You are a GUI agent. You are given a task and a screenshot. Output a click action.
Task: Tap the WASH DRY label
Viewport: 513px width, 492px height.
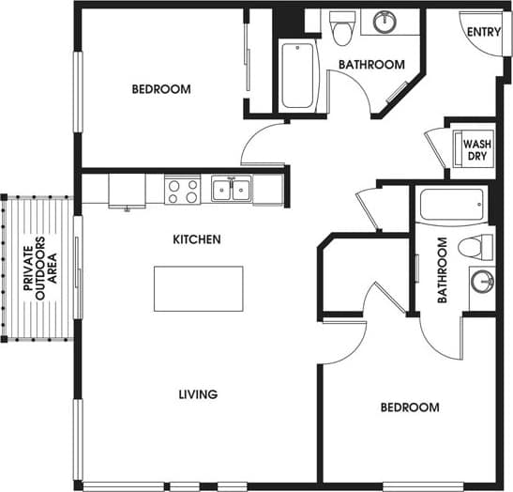473,149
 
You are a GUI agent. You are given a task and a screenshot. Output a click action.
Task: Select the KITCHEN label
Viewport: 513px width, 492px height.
197,239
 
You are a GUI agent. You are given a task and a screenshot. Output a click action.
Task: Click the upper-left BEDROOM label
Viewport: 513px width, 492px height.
160,90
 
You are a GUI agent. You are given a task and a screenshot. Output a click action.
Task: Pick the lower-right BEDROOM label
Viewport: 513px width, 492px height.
409,407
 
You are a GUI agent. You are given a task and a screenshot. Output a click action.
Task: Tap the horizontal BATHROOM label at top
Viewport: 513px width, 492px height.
371,65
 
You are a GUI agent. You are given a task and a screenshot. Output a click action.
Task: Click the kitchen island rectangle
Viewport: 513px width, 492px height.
199,289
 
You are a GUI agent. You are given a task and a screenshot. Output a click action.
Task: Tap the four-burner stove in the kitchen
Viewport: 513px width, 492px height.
183,191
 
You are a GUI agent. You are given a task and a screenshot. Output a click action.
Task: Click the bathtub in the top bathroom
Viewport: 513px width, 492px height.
300,75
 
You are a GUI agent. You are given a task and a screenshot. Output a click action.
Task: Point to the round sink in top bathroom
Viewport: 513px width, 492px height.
385,22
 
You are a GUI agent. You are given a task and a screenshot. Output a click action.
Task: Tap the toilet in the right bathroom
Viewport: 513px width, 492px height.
477,247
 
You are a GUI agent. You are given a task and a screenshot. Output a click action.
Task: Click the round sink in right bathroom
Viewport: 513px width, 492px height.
482,281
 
